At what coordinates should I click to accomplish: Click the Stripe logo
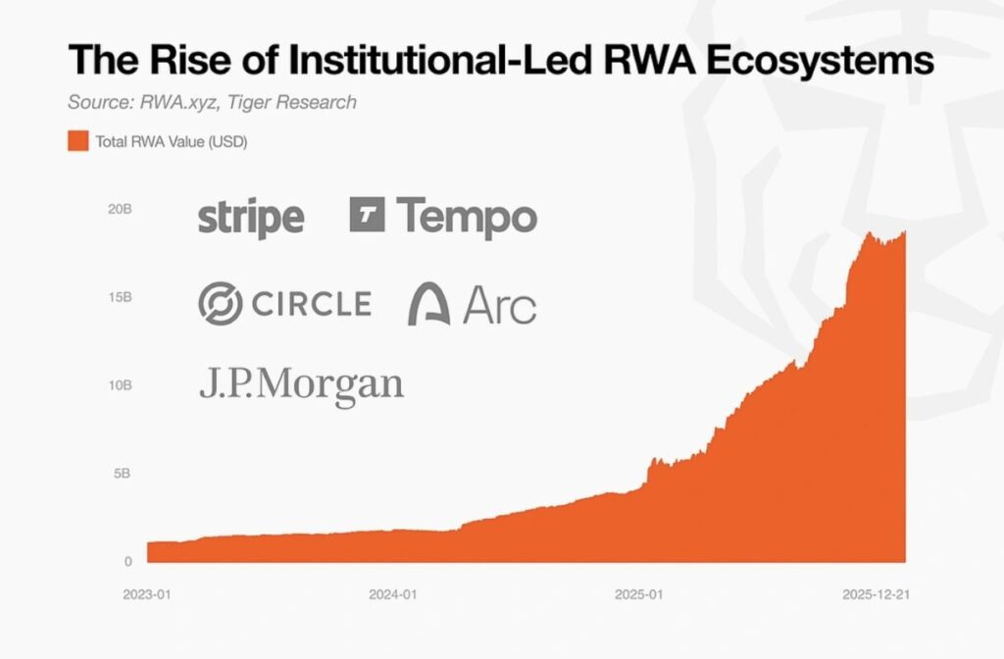pos(250,217)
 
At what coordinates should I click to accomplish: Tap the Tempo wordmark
pos(467,216)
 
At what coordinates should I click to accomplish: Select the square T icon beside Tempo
pos(367,215)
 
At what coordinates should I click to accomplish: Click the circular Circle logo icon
pos(219,303)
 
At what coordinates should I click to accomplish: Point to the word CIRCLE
pos(310,303)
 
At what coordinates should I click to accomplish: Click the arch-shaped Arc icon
pos(428,304)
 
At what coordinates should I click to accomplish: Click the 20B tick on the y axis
pos(120,210)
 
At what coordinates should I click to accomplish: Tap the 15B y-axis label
pos(120,297)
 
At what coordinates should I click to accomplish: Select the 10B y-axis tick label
pos(120,385)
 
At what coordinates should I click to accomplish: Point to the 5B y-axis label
pos(123,473)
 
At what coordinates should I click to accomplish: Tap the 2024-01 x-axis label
pos(391,594)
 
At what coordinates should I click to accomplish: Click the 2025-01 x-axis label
pos(639,594)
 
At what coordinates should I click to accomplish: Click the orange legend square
pos(77,142)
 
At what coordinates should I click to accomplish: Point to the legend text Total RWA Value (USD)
pos(171,142)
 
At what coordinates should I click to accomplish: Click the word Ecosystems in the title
pos(813,60)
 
